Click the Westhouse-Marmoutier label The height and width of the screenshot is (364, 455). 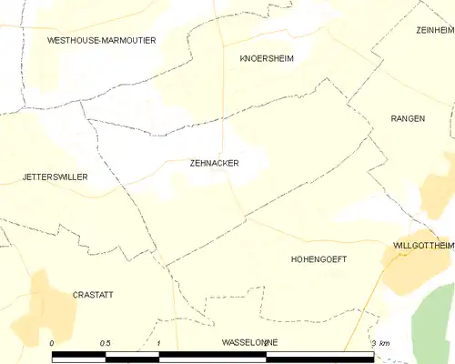[102, 41]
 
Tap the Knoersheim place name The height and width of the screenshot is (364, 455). [267, 58]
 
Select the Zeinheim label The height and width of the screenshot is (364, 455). [434, 30]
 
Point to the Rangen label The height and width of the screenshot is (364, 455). [407, 119]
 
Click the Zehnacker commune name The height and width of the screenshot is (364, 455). [215, 164]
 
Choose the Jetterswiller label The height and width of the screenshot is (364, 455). [56, 177]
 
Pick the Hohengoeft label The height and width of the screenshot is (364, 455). [318, 259]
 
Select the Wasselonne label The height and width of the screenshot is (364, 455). [249, 342]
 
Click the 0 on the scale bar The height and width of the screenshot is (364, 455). [53, 342]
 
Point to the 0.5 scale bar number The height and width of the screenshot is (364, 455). [106, 342]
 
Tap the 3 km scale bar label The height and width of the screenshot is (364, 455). [380, 342]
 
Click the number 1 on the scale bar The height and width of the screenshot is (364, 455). [158, 342]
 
